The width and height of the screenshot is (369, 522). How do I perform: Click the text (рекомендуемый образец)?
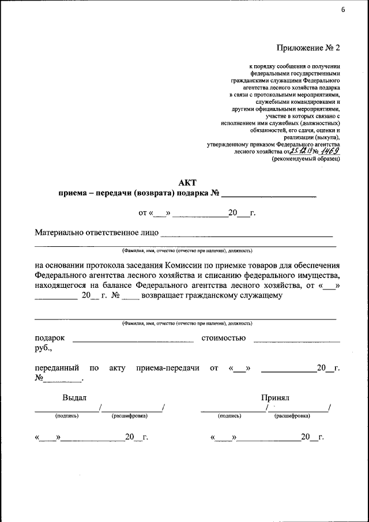tap(306, 159)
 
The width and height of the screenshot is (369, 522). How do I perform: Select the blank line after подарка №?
tap(269, 196)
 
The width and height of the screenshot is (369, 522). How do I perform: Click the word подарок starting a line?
tap(50, 338)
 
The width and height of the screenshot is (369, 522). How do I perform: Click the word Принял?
tap(274, 397)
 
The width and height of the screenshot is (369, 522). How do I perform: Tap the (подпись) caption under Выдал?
tap(67, 415)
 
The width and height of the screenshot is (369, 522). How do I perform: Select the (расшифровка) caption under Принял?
tap(293, 415)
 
